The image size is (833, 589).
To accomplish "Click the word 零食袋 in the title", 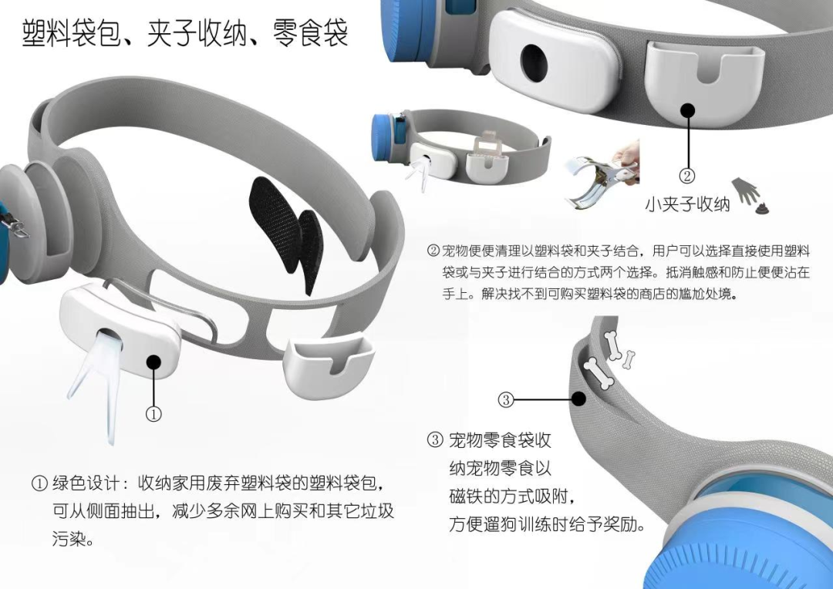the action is click(311, 33).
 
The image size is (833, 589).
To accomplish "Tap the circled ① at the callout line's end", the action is click(153, 414).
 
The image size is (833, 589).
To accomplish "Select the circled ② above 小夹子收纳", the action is click(687, 176).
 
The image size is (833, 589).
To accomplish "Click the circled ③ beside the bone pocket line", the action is click(506, 399).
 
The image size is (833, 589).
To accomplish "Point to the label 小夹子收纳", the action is click(687, 204).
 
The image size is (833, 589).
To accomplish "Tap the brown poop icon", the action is click(762, 207).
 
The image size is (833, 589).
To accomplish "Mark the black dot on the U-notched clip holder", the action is click(688, 110).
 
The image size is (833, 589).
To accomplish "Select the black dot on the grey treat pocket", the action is click(579, 399).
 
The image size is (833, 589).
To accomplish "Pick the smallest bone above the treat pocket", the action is click(629, 359).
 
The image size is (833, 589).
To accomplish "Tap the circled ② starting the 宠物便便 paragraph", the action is click(434, 250).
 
